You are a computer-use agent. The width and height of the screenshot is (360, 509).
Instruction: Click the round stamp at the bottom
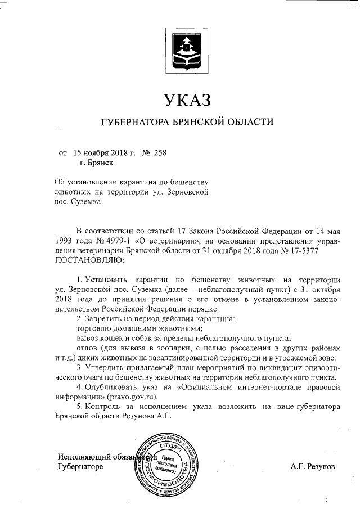click(169, 462)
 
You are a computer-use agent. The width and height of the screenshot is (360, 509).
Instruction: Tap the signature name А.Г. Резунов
click(313, 467)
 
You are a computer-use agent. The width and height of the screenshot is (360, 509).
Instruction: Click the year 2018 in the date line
click(115, 152)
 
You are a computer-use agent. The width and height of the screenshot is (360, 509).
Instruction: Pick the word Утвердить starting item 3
click(105, 368)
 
